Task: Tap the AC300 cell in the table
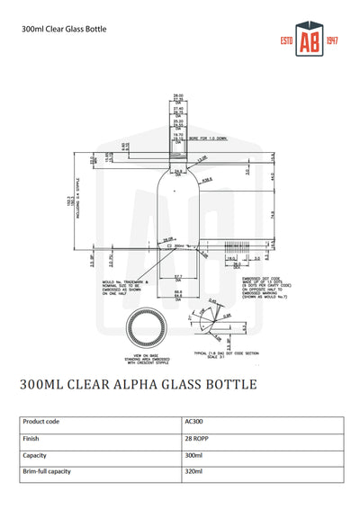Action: pos(194,420)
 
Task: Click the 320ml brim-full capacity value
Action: pos(193,471)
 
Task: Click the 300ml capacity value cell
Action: pos(193,454)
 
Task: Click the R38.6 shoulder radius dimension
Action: pos(207,179)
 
